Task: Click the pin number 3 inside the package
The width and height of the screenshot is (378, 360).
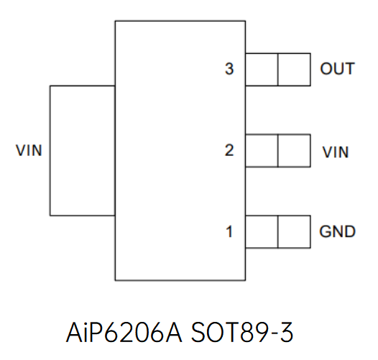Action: tap(229, 70)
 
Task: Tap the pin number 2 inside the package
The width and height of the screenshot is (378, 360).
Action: tap(229, 151)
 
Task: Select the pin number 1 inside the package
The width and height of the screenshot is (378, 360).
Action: tap(229, 232)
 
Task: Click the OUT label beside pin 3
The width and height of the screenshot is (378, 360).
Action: tap(337, 69)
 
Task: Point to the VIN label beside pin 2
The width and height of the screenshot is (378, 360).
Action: tap(336, 152)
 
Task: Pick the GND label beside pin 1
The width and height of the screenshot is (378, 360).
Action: tap(337, 232)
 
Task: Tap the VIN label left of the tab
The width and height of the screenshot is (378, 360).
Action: tap(29, 151)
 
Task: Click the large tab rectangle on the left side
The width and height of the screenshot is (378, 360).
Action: tap(82, 150)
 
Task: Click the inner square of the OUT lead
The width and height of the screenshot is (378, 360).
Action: tap(262, 70)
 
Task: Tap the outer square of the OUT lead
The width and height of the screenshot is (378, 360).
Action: tap(294, 70)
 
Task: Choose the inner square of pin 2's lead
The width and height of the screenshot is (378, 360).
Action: tap(262, 151)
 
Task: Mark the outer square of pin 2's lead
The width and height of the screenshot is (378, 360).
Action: tap(294, 151)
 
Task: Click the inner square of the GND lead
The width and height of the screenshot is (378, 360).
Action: tap(262, 232)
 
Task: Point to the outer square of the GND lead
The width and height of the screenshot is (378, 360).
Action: tap(294, 232)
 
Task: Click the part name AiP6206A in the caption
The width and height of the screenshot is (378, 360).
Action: tap(123, 333)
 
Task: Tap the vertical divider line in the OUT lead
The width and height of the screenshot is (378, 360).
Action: tap(278, 70)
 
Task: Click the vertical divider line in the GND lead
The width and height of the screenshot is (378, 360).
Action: tap(278, 232)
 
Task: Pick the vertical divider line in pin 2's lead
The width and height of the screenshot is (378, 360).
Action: tap(278, 151)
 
